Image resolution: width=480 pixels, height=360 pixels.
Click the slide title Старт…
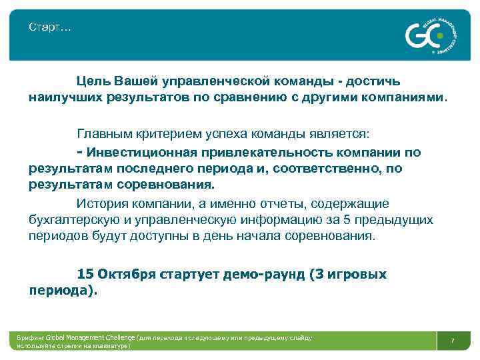click(51, 27)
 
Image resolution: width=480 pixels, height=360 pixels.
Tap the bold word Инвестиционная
click(138, 153)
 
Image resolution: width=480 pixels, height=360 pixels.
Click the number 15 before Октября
click(85, 274)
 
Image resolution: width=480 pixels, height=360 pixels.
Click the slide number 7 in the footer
click(453, 341)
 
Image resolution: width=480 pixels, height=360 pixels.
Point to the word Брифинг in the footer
click(31, 338)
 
